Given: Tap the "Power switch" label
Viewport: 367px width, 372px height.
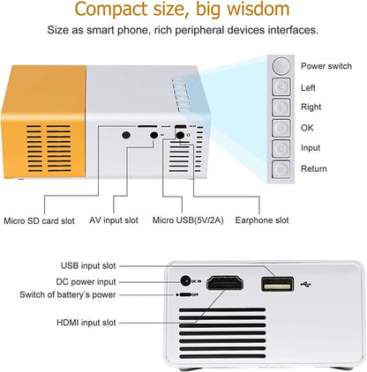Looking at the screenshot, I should click(x=326, y=66).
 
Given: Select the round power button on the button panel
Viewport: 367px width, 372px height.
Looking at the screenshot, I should click(x=281, y=66).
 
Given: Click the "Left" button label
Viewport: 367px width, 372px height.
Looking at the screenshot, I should click(x=308, y=87).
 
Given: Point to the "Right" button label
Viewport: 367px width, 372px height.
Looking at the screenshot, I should click(x=311, y=108).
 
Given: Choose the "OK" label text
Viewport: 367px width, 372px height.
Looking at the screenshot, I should click(x=307, y=128).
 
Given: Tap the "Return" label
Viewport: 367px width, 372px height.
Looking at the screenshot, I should click(x=313, y=168).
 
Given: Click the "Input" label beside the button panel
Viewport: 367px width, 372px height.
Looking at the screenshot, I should click(x=311, y=148).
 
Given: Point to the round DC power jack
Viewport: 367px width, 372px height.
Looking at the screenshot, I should click(x=185, y=280).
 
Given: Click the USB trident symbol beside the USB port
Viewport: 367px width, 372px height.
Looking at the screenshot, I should click(x=305, y=283).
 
